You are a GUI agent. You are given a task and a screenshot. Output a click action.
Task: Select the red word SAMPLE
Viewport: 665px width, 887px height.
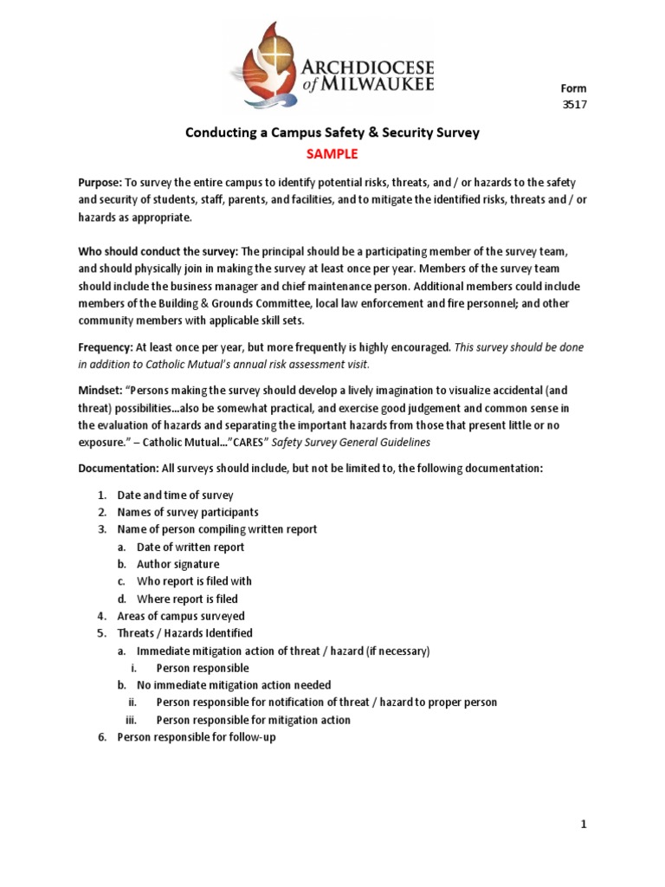pos(332,153)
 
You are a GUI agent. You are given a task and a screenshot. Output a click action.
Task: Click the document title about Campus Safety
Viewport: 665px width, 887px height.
pos(332,133)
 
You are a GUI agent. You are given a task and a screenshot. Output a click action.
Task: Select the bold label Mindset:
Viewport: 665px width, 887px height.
pos(101,391)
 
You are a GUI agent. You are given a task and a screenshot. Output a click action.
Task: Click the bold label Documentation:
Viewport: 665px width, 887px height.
pos(118,468)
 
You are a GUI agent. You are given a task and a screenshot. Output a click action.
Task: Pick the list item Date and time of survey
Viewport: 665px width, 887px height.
pos(175,495)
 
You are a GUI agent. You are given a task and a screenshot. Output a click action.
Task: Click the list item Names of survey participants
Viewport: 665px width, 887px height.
pos(188,512)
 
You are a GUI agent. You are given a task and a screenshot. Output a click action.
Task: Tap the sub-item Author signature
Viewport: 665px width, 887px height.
pos(178,564)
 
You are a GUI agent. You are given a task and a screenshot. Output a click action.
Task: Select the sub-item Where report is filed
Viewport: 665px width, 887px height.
pos(187,599)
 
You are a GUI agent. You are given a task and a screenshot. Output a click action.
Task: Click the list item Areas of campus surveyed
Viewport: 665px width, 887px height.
pos(181,616)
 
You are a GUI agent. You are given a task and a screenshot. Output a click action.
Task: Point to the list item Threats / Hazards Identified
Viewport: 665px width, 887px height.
pos(184,633)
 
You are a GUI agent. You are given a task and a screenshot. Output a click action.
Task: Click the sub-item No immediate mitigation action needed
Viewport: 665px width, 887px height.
pos(234,685)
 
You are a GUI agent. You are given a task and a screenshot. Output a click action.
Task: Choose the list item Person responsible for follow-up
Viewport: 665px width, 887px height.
pos(196,737)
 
